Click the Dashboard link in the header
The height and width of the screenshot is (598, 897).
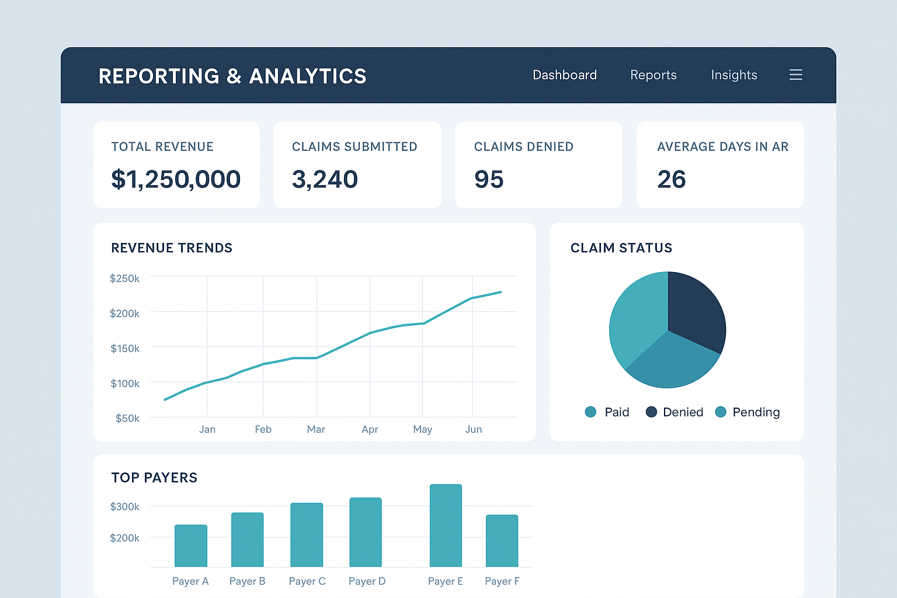coord(564,75)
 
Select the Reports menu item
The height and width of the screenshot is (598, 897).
coord(653,75)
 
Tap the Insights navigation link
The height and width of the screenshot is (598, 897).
coord(733,75)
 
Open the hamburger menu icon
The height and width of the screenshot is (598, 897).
coord(795,75)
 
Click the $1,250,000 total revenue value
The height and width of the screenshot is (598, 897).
coord(175,179)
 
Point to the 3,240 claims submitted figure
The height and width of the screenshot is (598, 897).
coord(325,179)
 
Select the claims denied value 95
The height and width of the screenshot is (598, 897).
coord(489,179)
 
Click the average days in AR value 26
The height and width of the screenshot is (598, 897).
coord(671,179)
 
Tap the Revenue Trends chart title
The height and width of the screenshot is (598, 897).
coord(172,248)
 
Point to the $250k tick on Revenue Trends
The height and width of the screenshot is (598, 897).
coord(124,279)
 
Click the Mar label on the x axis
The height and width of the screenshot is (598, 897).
coord(316,429)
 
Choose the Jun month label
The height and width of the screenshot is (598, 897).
coord(473,429)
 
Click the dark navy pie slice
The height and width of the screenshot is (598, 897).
coord(695,310)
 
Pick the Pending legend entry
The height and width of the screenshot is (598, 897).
coord(747,412)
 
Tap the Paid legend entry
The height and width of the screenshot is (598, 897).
coord(607,412)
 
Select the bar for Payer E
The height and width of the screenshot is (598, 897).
coord(446,526)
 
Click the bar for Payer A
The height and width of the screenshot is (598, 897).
coord(191,546)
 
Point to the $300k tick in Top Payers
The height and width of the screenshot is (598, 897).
coord(124,506)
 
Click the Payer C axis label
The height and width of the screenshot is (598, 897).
coord(307,581)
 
